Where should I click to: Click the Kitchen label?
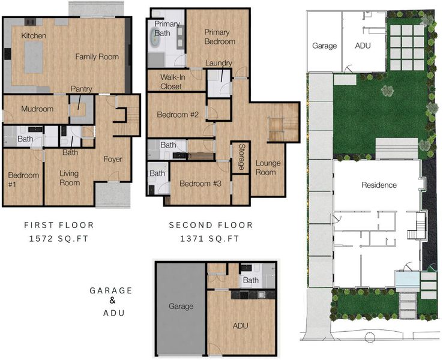point(34,36)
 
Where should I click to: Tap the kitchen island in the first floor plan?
point(34,57)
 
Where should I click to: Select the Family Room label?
point(97,57)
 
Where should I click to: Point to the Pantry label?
point(82,89)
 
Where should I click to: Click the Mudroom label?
point(37,109)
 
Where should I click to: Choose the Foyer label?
point(113,159)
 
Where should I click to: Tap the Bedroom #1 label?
point(23,179)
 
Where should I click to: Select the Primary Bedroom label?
point(220,37)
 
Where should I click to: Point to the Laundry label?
point(218,63)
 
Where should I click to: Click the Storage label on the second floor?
point(241,157)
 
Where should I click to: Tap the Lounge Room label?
point(268,168)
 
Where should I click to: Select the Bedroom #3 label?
point(200,184)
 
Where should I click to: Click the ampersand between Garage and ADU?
point(112,301)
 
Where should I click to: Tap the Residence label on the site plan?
point(379,185)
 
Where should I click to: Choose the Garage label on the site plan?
point(324,46)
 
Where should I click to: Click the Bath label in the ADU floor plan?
point(250,280)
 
